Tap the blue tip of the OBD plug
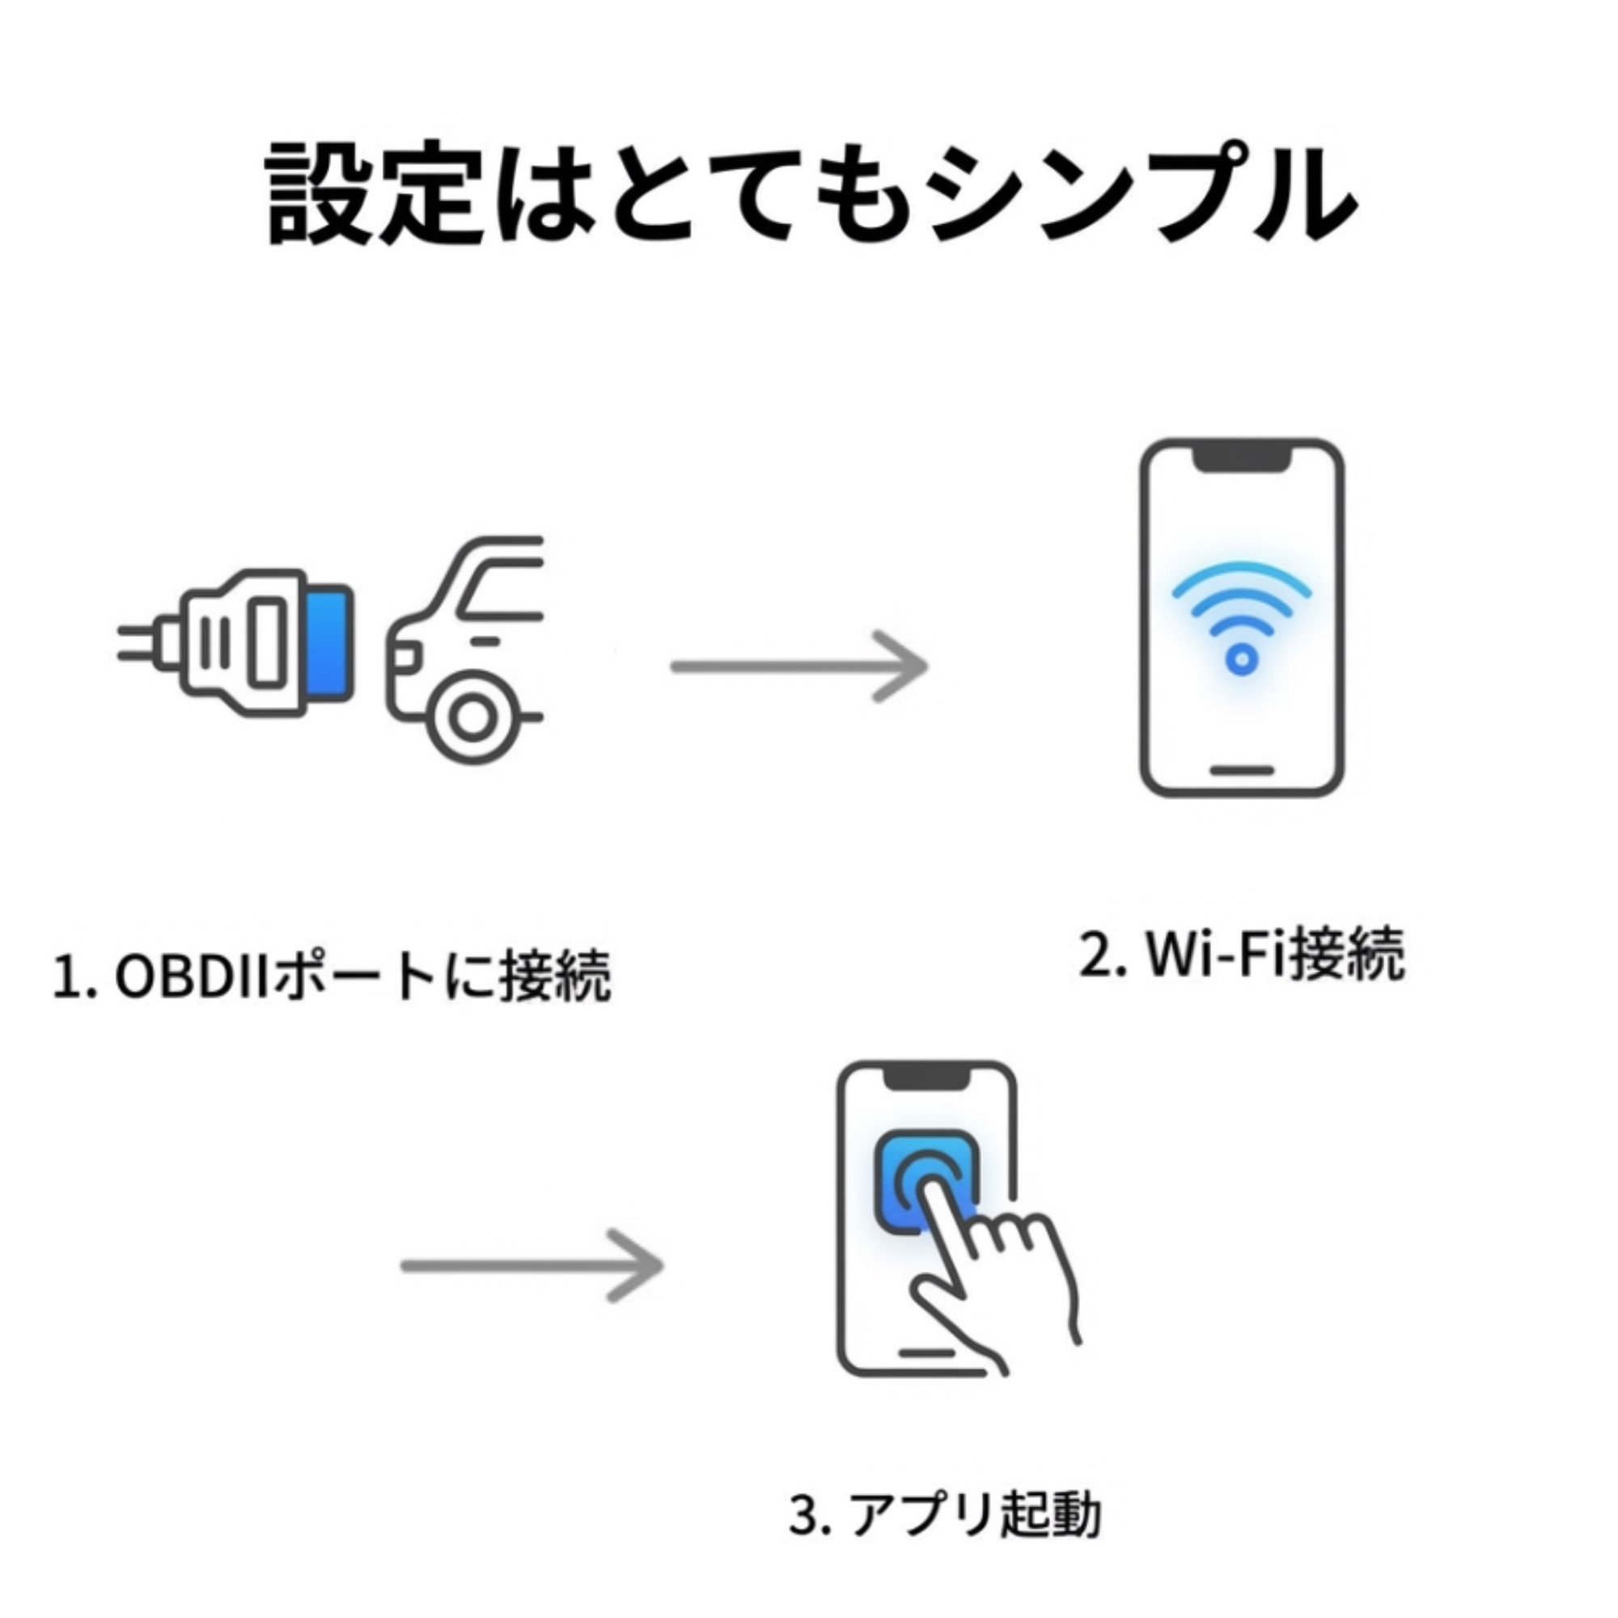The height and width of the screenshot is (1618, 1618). [330, 643]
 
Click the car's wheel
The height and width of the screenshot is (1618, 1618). [472, 718]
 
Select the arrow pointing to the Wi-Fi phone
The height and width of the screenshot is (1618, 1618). [799, 667]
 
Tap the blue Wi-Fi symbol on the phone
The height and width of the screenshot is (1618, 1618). [1241, 616]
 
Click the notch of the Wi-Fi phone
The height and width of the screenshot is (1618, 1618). [1241, 459]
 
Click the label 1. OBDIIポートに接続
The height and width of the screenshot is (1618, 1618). [332, 976]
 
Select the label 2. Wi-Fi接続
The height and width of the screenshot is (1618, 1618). [1241, 955]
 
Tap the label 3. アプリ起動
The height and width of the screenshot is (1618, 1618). [945, 1515]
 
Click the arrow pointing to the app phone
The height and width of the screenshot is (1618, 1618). [532, 1264]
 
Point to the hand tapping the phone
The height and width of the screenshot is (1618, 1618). [997, 1273]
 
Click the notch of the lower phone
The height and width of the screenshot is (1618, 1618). [927, 1076]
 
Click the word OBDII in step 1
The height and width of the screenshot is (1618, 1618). [191, 976]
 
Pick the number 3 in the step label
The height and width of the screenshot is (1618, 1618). [804, 1515]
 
